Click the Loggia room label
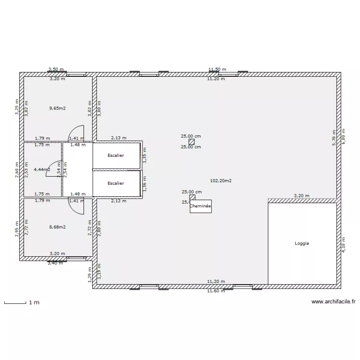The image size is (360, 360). click(x=302, y=243)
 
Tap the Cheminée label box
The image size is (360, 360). click(x=201, y=206)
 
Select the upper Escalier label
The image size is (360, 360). click(x=116, y=156)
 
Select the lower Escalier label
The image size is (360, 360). click(x=116, y=183)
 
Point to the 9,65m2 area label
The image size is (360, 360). click(x=57, y=108)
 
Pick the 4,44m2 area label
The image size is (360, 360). click(x=42, y=169)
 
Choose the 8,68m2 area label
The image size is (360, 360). click(x=57, y=227)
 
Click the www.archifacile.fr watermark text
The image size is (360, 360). click(x=333, y=302)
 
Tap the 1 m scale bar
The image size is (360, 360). click(x=15, y=303)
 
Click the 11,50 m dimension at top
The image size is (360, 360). click(x=217, y=70)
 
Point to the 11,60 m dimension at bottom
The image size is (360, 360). click(x=216, y=291)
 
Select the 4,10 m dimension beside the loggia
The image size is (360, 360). click(x=344, y=243)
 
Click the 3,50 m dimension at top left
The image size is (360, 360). click(x=56, y=70)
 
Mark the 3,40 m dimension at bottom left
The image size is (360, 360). click(x=56, y=263)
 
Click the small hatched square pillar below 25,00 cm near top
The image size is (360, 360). click(x=192, y=142)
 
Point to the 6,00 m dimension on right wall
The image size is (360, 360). click(x=344, y=136)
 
